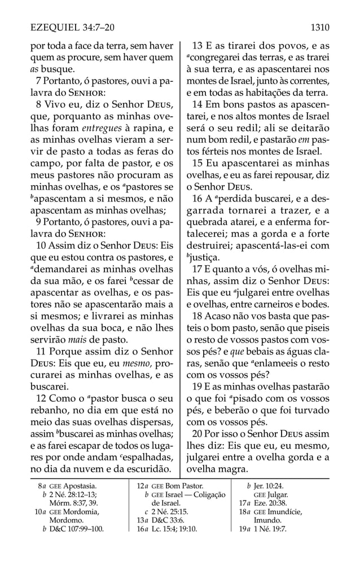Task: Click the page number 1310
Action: (x=319, y=27)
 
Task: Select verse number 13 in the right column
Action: (x=199, y=46)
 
